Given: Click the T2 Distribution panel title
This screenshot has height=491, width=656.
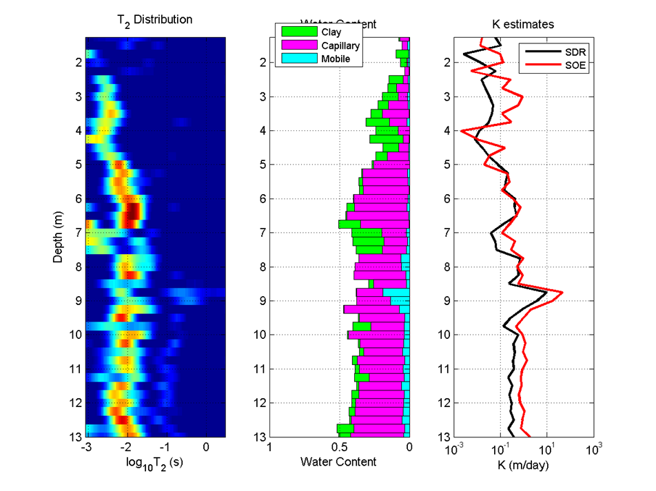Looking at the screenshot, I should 155,20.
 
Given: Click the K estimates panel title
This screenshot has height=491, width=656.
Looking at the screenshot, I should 523,24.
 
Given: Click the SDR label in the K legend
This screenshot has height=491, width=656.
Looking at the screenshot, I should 563,52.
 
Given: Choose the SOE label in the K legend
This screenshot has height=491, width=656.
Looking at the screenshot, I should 563,66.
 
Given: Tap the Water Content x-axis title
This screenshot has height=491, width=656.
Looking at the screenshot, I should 339,461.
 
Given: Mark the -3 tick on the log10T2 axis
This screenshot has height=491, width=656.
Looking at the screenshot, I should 85,447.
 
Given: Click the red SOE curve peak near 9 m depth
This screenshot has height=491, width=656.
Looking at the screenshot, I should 562,293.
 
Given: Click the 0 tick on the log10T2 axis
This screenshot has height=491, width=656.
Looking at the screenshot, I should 206,447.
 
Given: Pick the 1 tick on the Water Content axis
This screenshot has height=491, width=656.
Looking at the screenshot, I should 269,447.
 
